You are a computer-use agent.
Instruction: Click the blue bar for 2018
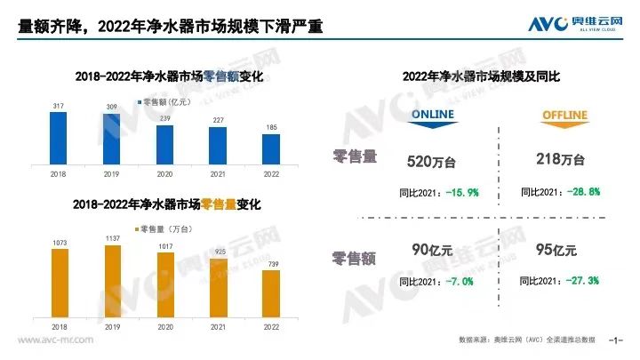tap(58, 138)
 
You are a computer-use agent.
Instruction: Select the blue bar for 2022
tap(271, 148)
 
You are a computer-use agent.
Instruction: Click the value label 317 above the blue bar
tap(58, 106)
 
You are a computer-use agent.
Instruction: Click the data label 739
tap(271, 264)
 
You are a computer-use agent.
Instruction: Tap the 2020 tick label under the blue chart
tap(164, 175)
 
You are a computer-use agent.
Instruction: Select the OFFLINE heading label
tap(556, 116)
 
